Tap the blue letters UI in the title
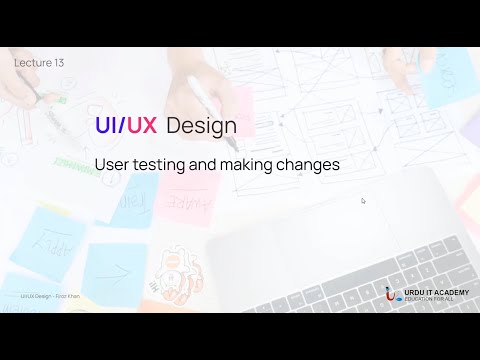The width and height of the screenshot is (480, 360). [106, 126]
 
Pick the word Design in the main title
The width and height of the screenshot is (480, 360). [202, 127]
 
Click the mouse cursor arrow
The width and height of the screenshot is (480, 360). [363, 200]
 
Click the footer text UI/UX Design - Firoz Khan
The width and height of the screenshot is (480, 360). [49, 296]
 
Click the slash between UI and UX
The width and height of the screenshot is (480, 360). [124, 126]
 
